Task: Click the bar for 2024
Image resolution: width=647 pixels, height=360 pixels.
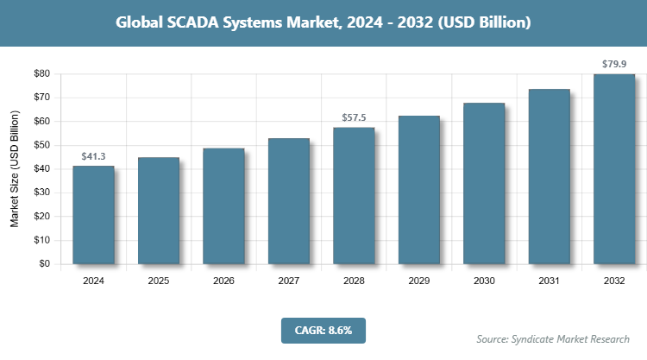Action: click(93, 215)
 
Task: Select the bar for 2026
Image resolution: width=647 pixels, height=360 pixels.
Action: click(223, 206)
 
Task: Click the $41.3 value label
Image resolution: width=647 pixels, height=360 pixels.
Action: click(93, 156)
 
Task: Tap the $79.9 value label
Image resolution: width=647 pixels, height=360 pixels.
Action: click(614, 64)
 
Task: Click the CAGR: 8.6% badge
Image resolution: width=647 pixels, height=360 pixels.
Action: click(323, 329)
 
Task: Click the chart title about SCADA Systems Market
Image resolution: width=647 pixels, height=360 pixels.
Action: click(323, 21)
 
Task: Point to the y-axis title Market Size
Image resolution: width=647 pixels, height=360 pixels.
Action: click(15, 170)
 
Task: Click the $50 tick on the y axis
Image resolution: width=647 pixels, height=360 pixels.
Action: click(41, 146)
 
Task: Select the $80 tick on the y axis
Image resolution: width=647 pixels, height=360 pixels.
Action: click(41, 74)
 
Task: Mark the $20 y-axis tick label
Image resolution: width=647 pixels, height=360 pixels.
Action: click(41, 218)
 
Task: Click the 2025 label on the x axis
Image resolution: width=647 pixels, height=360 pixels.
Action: click(159, 281)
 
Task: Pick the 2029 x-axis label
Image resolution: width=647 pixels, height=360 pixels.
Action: click(419, 281)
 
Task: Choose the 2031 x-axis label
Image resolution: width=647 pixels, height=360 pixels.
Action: click(550, 281)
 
